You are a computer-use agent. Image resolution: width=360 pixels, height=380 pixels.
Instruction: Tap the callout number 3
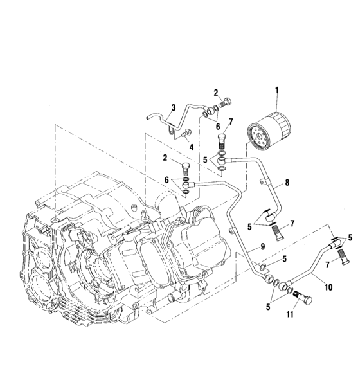click(173, 107)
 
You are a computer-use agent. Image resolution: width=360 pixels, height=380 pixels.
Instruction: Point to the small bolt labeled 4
click(186, 134)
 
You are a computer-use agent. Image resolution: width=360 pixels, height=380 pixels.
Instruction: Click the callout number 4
click(190, 147)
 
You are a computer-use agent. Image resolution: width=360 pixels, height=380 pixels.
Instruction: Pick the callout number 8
click(287, 183)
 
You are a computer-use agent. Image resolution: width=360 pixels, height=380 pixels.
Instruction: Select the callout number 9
click(262, 246)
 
